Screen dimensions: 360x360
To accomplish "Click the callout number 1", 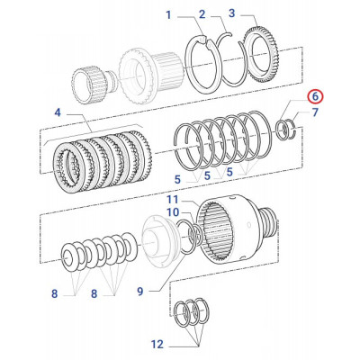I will [167, 14].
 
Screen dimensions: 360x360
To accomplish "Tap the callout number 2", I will [202, 14].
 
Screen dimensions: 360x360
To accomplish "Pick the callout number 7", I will [315, 113].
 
